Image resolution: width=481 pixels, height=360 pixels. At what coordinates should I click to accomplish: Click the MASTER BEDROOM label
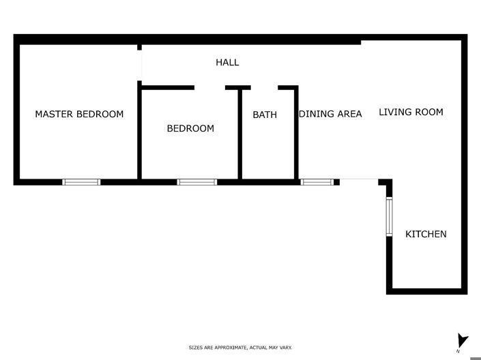[x=79, y=114]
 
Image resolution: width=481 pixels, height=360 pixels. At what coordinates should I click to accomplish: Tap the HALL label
[x=227, y=62]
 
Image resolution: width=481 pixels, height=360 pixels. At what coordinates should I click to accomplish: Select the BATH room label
[x=265, y=115]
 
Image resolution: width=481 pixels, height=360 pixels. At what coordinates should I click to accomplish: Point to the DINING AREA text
[x=330, y=114]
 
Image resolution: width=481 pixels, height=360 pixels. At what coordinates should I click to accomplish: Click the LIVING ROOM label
[x=411, y=112]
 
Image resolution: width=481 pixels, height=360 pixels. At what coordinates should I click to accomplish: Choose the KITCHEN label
[x=426, y=234]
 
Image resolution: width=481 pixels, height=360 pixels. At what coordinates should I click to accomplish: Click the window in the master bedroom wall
[x=81, y=182]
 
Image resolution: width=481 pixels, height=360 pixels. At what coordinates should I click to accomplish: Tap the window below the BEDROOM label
[x=196, y=182]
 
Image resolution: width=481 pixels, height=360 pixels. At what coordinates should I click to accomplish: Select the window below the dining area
[x=317, y=182]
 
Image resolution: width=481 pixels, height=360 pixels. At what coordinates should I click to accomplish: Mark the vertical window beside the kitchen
[x=390, y=217]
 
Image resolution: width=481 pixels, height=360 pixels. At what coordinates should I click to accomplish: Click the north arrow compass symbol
[x=462, y=340]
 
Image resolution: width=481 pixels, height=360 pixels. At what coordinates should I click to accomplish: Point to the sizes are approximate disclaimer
[x=240, y=348]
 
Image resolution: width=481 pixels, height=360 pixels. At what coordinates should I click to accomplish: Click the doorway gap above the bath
[x=264, y=87]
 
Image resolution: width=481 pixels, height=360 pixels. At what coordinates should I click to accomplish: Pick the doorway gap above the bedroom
[x=209, y=87]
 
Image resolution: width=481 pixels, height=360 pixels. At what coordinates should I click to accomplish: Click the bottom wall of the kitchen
[x=427, y=292]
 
